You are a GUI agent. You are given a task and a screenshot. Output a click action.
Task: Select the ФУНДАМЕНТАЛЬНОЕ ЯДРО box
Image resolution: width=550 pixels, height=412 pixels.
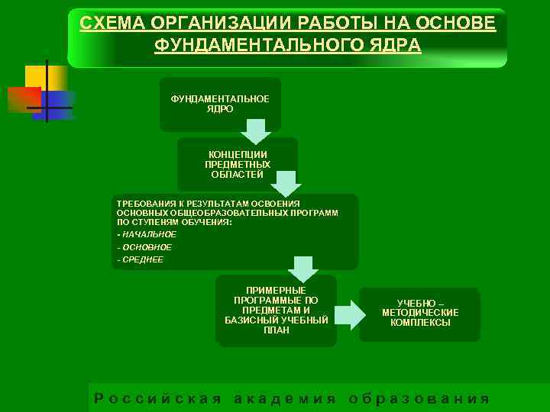220,104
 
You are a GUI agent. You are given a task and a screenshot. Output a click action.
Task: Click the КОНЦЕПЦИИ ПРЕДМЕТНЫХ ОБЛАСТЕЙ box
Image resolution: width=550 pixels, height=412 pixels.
238,164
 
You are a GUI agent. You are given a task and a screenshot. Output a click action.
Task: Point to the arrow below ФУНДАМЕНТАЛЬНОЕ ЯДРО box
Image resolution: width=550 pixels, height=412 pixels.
257,131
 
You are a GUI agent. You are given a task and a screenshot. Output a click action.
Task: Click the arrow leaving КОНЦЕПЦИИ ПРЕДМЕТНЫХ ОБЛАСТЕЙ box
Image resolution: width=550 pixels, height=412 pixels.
286,183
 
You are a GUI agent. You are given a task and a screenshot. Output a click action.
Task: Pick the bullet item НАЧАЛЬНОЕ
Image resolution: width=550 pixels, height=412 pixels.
148,234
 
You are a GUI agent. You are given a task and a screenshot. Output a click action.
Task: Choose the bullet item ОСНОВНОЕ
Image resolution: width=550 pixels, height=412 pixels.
146,247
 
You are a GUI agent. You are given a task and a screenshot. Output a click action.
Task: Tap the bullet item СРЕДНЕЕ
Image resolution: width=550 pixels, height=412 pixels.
142,260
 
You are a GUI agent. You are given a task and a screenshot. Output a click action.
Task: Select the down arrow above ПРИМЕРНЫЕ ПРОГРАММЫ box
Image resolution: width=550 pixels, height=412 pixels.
303,269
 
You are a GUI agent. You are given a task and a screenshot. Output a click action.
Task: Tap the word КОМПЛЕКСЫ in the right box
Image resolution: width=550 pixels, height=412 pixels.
420,323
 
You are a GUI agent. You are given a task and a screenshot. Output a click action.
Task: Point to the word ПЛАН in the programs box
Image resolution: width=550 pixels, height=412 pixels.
277,330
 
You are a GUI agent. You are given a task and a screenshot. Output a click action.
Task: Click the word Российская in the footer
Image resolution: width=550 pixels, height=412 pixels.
157,399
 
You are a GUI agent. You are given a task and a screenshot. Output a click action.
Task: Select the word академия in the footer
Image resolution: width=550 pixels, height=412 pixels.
284,399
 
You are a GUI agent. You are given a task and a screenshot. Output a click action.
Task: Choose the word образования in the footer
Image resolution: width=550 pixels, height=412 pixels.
418,399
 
